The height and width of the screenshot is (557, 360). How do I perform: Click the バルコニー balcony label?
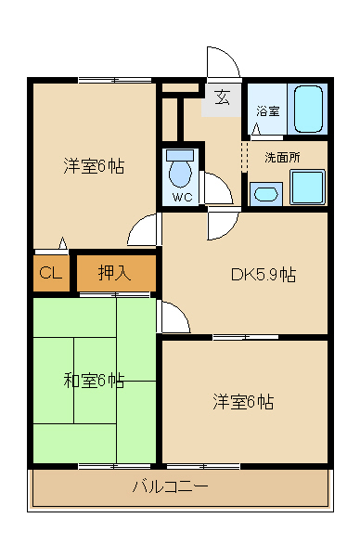coord(170,486)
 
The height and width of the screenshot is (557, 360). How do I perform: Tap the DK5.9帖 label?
coord(264,275)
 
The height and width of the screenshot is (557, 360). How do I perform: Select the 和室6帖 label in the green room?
coord(94,380)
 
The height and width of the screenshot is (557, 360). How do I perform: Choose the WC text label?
coord(181,197)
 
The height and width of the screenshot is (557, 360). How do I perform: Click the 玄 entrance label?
coord(223,97)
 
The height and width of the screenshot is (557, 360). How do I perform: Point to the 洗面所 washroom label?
coord(282,157)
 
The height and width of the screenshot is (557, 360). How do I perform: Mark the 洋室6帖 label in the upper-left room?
coord(94,166)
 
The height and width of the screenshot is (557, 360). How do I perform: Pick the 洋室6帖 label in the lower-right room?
coord(243,402)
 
